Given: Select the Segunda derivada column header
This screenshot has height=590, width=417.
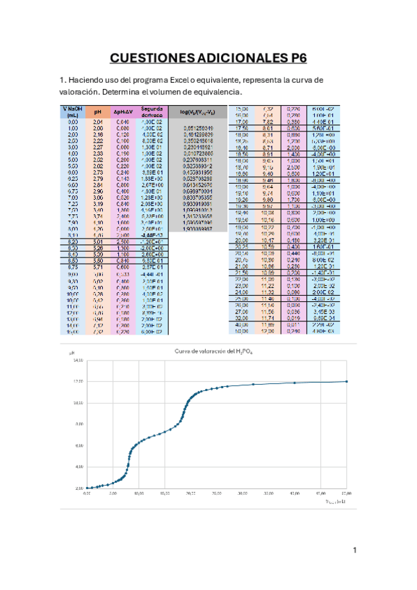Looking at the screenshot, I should [x=152, y=112].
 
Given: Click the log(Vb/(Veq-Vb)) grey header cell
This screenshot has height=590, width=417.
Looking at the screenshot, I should [x=203, y=111].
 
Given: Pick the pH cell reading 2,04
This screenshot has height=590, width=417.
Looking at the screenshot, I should [x=99, y=121].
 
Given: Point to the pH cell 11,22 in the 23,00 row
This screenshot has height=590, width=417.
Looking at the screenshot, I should [x=268, y=286].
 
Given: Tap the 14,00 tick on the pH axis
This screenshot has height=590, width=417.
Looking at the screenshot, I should [x=77, y=360].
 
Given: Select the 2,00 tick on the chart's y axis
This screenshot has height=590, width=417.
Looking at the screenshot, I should [x=78, y=488].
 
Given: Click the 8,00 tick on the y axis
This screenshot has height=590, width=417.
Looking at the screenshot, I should [x=78, y=424].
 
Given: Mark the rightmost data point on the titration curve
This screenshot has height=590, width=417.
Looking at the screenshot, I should [x=346, y=381].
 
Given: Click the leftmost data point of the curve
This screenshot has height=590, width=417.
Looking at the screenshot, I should [x=86, y=488].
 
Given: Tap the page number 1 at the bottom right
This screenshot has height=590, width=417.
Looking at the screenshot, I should [x=354, y=550].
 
